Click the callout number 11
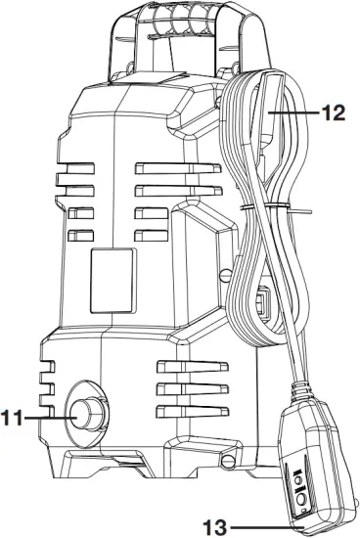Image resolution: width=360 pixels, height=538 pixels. tap(13, 418)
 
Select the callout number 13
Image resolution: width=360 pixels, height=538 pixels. tap(228, 528)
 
